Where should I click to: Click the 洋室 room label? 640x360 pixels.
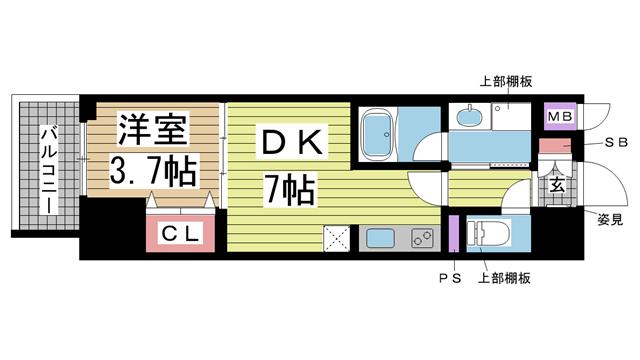tap(153, 129)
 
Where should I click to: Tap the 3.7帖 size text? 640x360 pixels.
tap(153, 171)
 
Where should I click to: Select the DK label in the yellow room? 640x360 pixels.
tap(293, 142)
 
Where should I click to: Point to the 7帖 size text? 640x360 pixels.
tap(290, 190)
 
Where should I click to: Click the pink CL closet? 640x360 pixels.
tap(180, 233)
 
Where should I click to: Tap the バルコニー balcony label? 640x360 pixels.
tap(49, 171)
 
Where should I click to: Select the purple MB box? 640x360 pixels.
tap(560, 116)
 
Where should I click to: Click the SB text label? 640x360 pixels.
tap(616, 142)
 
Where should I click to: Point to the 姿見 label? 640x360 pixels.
tap(610, 220)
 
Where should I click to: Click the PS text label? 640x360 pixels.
tap(450, 278)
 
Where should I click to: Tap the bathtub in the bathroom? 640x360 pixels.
tap(378, 134)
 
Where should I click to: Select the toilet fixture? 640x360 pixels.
tap(489, 234)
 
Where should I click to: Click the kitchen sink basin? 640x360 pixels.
tap(380, 238)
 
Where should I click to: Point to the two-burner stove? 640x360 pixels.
tap(422, 238)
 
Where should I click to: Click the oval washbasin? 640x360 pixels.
tap(469, 116)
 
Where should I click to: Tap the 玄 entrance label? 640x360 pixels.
tap(557, 185)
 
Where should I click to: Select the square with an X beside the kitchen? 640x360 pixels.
tap(337, 238)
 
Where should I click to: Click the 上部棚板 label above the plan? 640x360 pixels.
tap(506, 82)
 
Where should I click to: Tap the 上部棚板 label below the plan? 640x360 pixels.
tap(504, 278)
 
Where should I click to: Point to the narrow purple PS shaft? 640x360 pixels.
tap(454, 233)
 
